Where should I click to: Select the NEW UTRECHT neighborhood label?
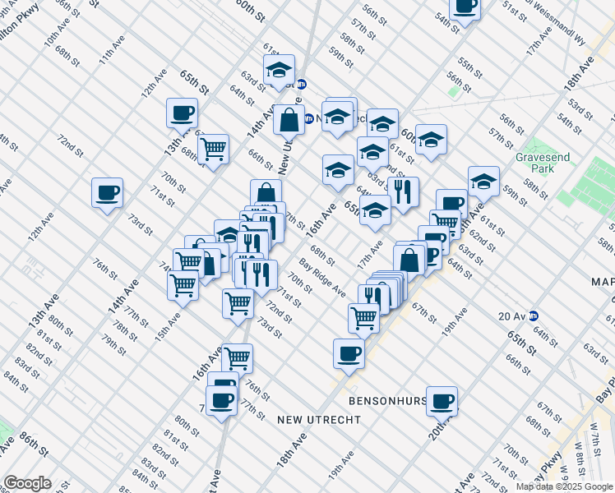click(x=319, y=420)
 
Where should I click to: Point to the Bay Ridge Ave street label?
click(x=322, y=279)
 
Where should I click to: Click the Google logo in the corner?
click(x=27, y=483)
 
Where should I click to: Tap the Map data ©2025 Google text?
click(x=564, y=486)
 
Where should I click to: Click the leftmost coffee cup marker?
click(x=107, y=194)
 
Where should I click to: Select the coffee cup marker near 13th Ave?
click(x=182, y=113)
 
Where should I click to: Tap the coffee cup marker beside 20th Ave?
click(x=442, y=401)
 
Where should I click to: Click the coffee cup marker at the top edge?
click(x=465, y=7)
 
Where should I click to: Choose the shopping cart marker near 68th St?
click(x=213, y=149)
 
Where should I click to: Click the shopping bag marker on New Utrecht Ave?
click(x=289, y=120)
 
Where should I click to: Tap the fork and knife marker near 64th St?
click(x=403, y=192)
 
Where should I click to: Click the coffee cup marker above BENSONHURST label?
click(x=349, y=353)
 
